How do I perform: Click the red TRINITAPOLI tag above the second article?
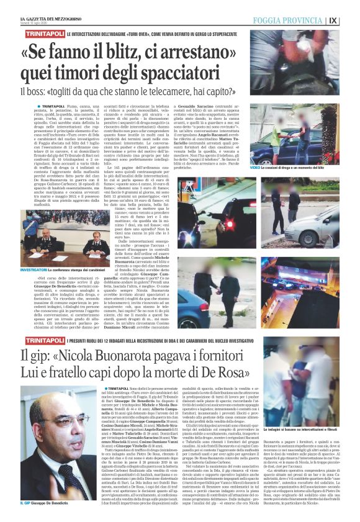[x=41, y=341]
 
